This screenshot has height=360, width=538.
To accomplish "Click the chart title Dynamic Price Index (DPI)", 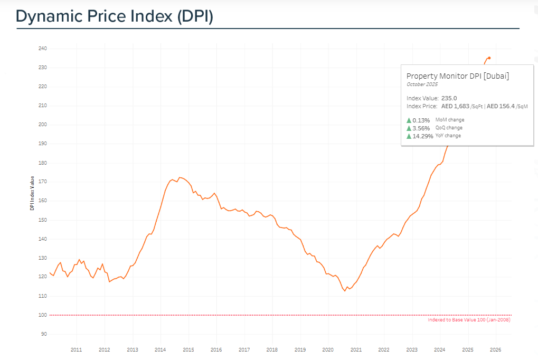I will (x=114, y=16).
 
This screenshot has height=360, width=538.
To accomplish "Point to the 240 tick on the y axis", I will (x=43, y=49).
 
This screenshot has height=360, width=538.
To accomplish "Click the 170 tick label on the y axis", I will (x=43, y=182).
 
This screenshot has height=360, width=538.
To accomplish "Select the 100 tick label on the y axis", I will (x=43, y=315).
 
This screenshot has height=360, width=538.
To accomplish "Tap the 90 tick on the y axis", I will (x=44, y=334).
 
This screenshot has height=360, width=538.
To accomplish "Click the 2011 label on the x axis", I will (x=76, y=349).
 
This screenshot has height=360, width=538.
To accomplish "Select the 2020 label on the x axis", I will (x=328, y=349).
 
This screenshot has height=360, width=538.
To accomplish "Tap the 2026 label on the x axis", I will (x=496, y=349).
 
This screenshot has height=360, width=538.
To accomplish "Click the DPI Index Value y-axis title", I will (x=32, y=193).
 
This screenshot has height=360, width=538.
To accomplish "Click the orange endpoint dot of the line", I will (x=489, y=58).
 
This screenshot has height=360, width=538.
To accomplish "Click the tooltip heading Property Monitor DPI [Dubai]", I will (x=457, y=76).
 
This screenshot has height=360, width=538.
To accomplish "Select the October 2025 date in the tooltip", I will (x=422, y=84).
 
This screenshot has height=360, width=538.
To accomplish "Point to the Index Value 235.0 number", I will (x=449, y=98).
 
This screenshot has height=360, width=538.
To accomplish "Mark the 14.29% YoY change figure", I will (x=423, y=136).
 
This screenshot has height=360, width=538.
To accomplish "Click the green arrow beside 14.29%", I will (x=409, y=136).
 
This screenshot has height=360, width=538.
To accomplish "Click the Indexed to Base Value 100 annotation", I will (x=469, y=320).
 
